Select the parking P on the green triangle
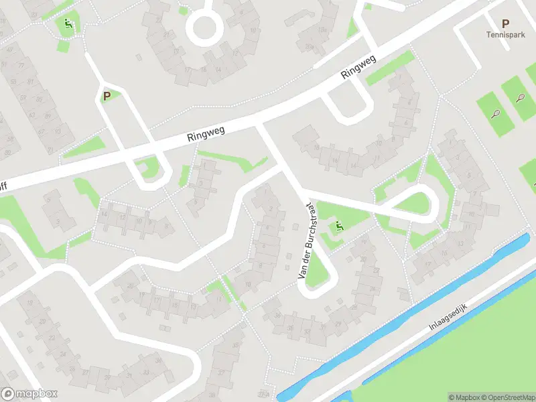[106, 96]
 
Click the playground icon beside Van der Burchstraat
[338, 227]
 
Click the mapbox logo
[29, 394]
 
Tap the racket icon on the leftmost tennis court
[496, 114]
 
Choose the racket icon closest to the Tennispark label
[521, 98]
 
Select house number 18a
[322, 29]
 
